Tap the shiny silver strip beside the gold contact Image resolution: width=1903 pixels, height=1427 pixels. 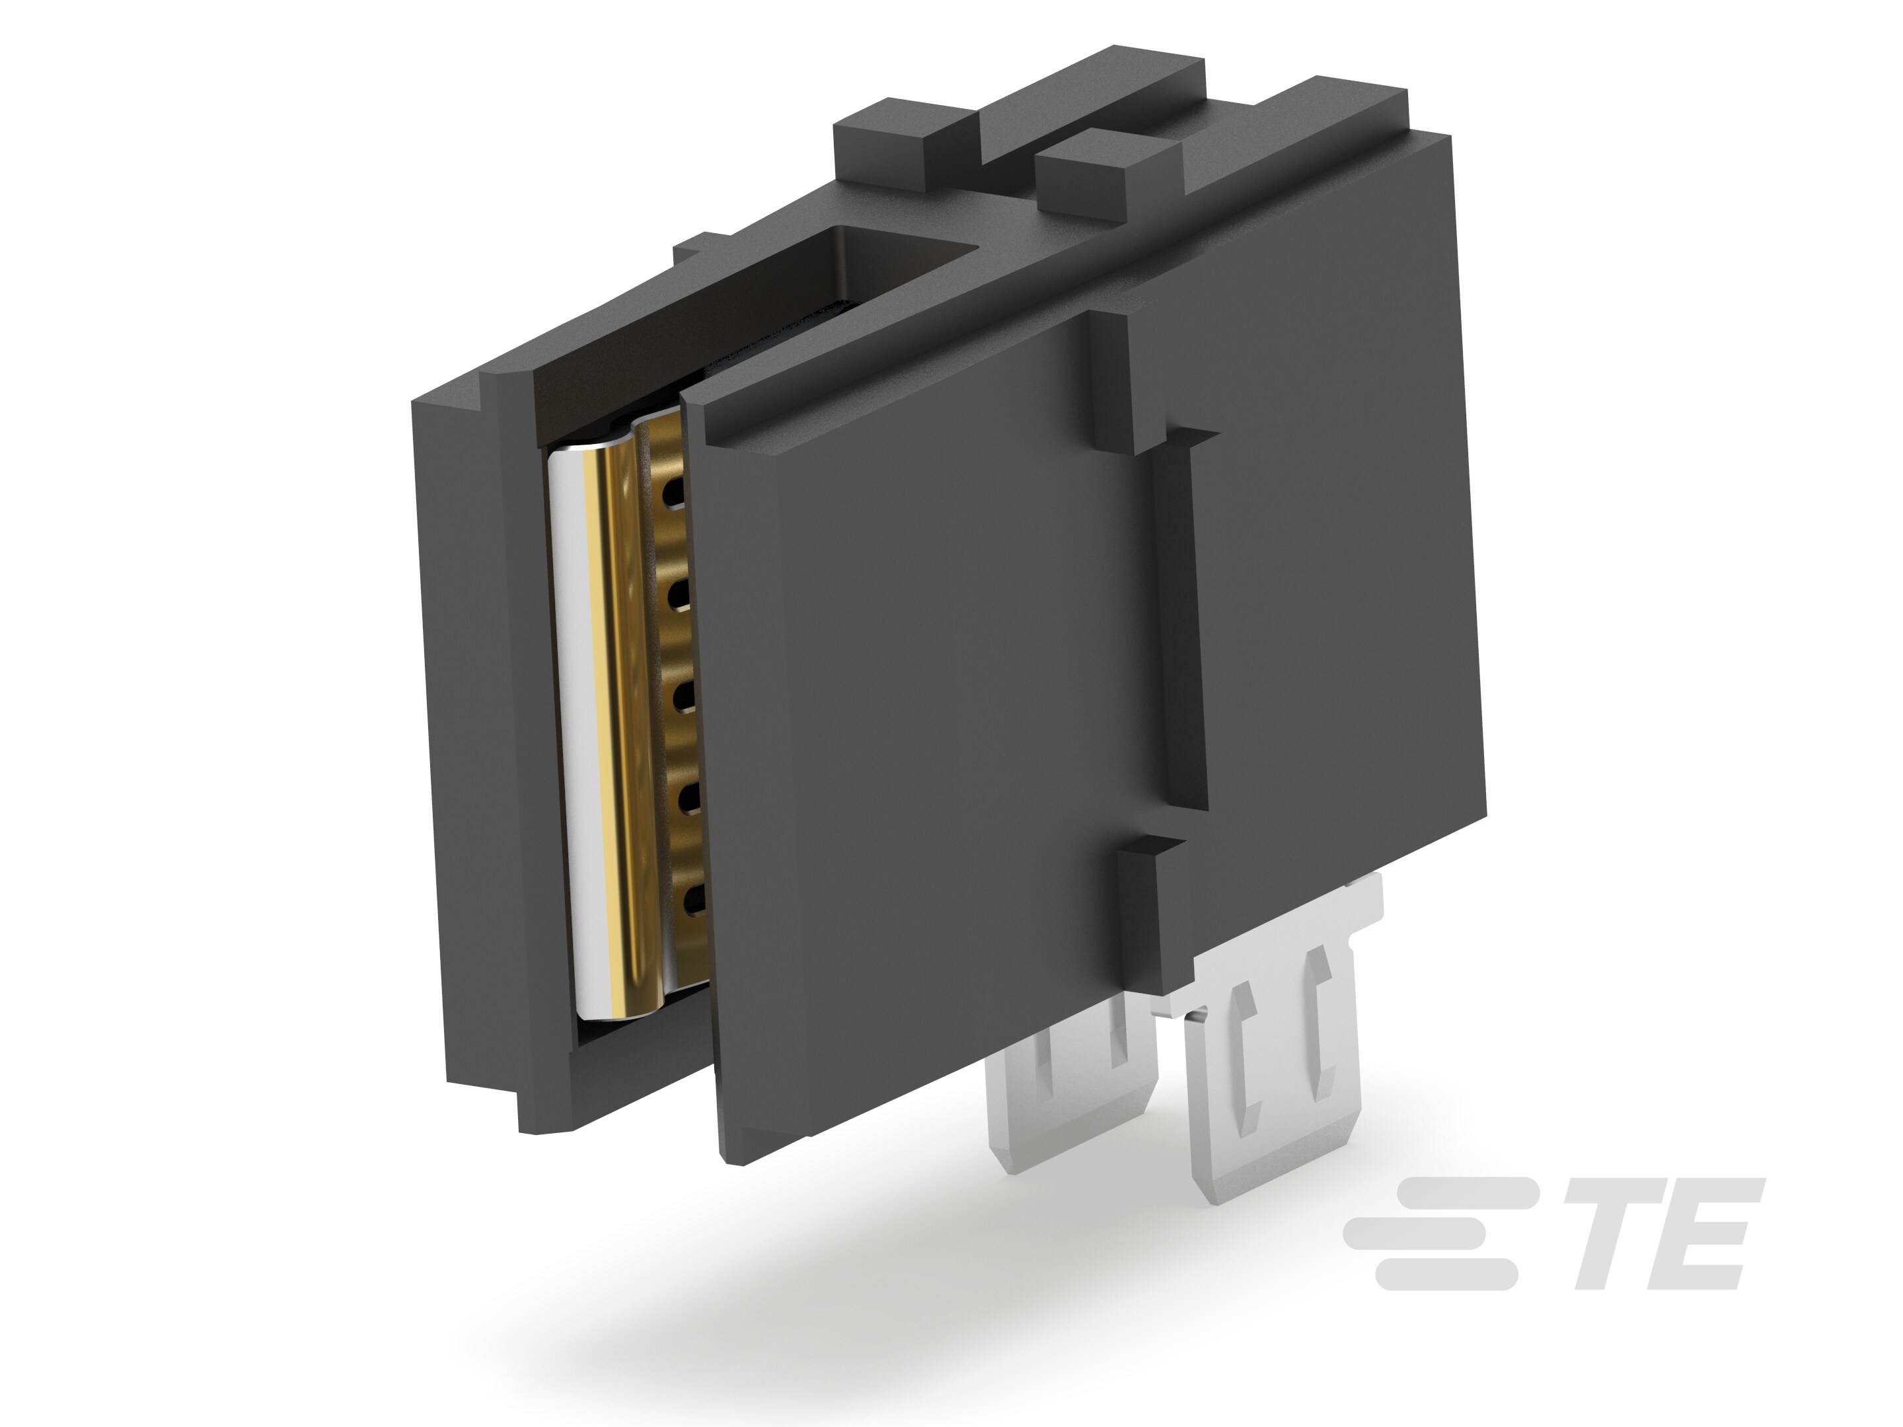(x=581, y=731)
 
